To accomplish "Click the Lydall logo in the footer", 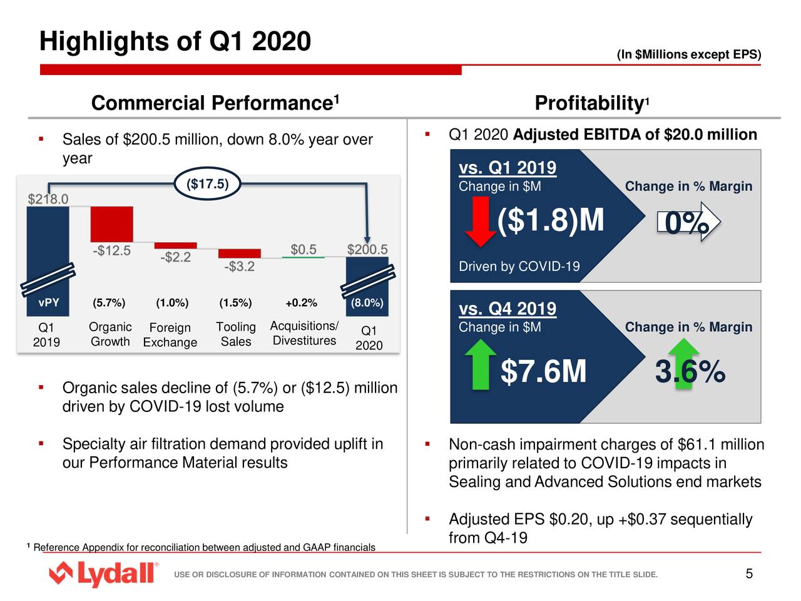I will pyautogui.click(x=103, y=573).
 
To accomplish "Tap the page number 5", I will pyautogui.click(x=749, y=574).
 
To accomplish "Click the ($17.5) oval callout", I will pyautogui.click(x=208, y=184).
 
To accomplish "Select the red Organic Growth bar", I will pyautogui.click(x=111, y=223).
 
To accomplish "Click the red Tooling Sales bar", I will pyautogui.click(x=239, y=254).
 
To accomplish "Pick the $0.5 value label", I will pyautogui.click(x=304, y=249).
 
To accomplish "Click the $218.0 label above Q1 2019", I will pyautogui.click(x=48, y=199).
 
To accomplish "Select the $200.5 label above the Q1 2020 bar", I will pyautogui.click(x=367, y=249).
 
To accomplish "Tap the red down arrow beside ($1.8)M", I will pyautogui.click(x=481, y=221).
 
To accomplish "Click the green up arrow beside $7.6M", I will pyautogui.click(x=481, y=364).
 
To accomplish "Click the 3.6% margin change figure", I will pyautogui.click(x=690, y=372).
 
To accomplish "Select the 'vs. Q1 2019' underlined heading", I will pyautogui.click(x=507, y=168).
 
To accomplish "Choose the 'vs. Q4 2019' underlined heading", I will pyautogui.click(x=507, y=309).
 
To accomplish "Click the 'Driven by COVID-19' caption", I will pyautogui.click(x=519, y=267).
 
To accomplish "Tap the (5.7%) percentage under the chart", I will pyautogui.click(x=109, y=303).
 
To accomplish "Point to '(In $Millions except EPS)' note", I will pyautogui.click(x=688, y=54).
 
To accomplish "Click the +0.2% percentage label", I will pyautogui.click(x=301, y=303).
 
